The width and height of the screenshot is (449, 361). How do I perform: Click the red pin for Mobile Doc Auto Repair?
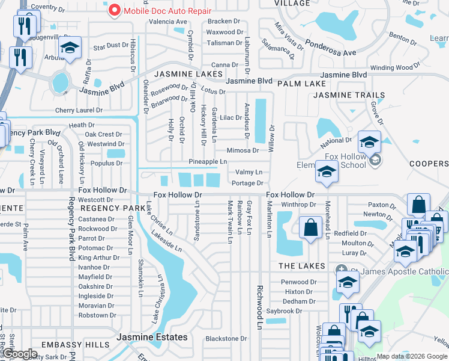[x=113, y=10]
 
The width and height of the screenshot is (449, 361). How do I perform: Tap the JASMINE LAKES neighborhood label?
[x=184, y=74]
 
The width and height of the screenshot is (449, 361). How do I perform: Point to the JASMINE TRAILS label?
[x=349, y=95]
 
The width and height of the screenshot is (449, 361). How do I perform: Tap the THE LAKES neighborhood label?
[x=301, y=265]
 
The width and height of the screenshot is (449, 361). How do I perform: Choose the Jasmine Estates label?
[x=152, y=337]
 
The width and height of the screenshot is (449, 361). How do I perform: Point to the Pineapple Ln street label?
[x=208, y=162]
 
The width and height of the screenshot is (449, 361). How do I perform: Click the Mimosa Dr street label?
[x=243, y=150]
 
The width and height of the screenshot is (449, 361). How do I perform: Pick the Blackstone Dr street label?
[x=226, y=339]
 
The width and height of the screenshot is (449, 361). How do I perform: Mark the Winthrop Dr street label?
[x=299, y=205]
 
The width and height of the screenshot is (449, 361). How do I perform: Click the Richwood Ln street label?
[x=260, y=307]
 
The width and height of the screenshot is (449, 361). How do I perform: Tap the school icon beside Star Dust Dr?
[x=70, y=48]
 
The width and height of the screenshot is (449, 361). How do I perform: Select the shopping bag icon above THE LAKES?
[x=310, y=229]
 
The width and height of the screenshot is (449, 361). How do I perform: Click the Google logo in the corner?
[x=21, y=354]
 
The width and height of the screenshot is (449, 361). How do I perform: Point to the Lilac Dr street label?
[x=231, y=118]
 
